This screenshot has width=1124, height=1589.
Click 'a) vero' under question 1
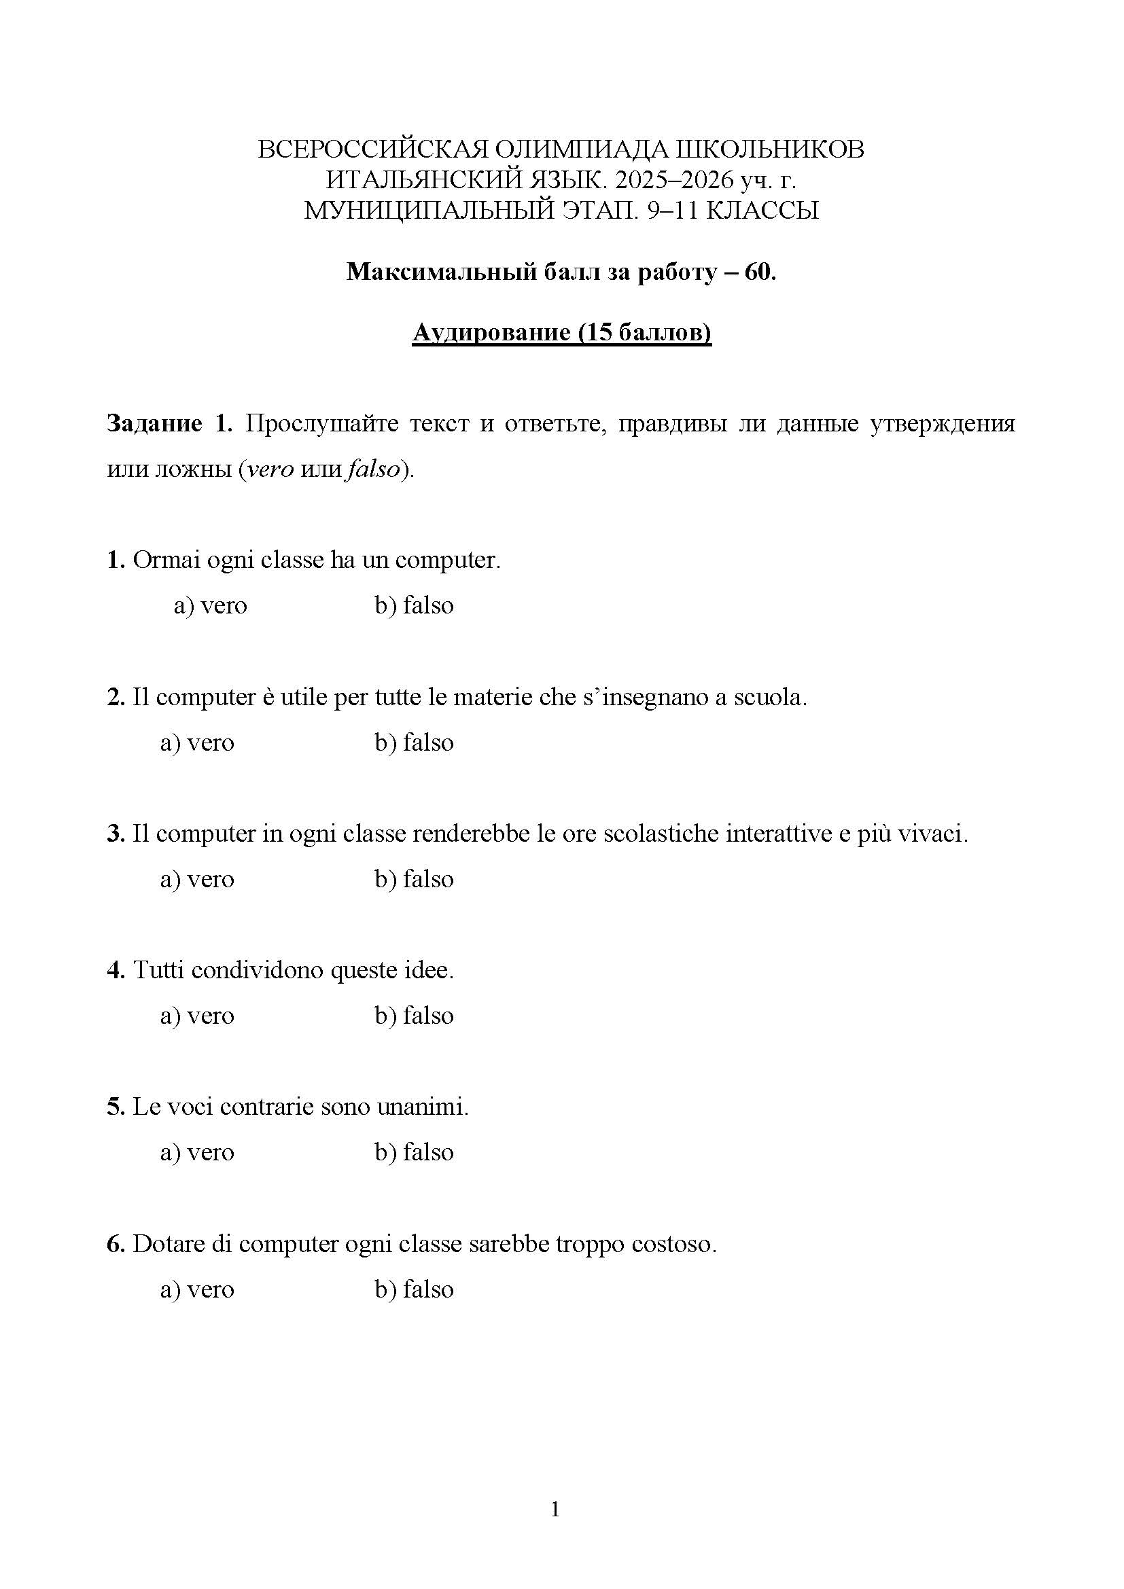(210, 605)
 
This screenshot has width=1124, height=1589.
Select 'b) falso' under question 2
(414, 743)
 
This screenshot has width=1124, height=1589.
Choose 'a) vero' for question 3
(197, 879)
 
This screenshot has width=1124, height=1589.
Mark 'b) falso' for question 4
(414, 1016)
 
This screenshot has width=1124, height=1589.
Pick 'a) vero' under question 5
(197, 1152)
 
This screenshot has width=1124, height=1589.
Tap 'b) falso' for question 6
(414, 1289)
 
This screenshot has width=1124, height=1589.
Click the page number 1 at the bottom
(555, 1510)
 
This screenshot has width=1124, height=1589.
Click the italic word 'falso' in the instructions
(374, 469)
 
